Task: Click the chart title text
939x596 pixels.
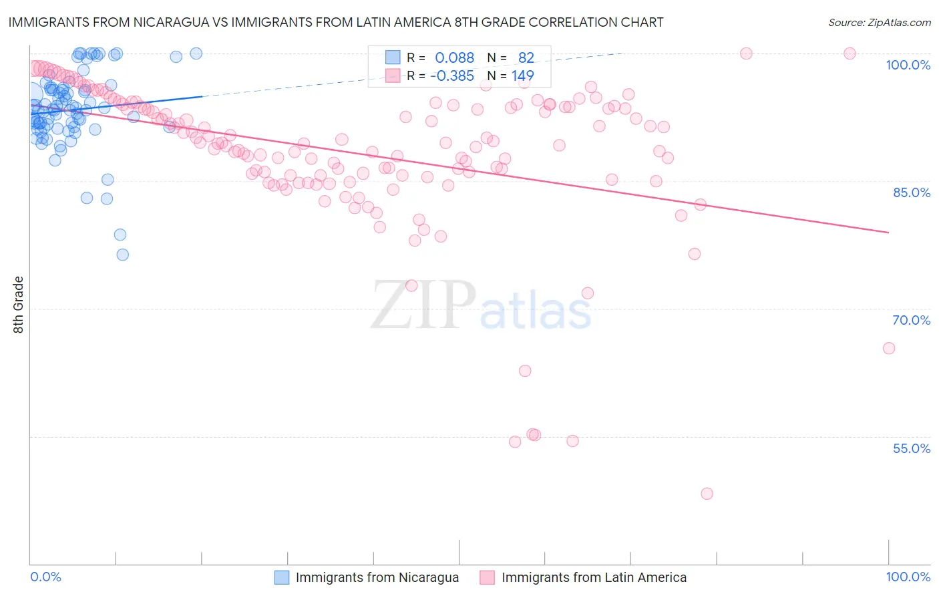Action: click(x=336, y=22)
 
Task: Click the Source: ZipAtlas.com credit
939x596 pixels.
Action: click(x=879, y=22)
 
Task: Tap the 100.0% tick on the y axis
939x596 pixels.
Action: click(x=908, y=65)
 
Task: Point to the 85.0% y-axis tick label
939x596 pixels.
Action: click(x=911, y=192)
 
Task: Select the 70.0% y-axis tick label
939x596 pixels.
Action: click(x=911, y=320)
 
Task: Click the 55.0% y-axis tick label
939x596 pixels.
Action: click(x=911, y=448)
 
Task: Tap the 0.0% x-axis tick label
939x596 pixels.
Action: click(x=45, y=577)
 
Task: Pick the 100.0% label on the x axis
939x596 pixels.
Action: click(x=908, y=577)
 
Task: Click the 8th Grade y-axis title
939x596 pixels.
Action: click(x=18, y=305)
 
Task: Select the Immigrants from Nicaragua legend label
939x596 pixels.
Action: click(x=377, y=577)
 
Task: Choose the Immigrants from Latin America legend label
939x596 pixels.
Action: click(x=594, y=577)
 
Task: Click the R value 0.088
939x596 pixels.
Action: click(x=454, y=58)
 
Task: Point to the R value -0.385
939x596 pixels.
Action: click(x=451, y=76)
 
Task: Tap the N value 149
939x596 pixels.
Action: click(x=522, y=76)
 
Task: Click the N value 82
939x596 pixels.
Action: click(x=526, y=58)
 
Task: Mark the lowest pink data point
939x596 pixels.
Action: click(x=707, y=494)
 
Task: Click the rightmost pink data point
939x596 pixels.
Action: click(x=888, y=348)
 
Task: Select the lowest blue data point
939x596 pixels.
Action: click(x=122, y=255)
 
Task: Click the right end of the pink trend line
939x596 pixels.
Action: click(x=888, y=233)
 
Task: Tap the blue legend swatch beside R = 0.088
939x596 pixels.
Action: click(x=393, y=57)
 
